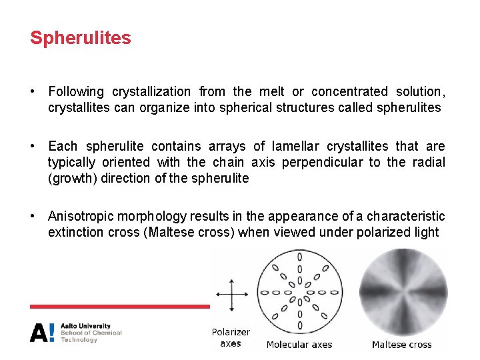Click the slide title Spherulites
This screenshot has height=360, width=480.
[x=81, y=38]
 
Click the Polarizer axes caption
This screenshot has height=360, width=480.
[x=231, y=337]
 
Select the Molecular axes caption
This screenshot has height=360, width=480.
[x=299, y=345]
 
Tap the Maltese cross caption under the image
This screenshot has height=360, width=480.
[x=401, y=345]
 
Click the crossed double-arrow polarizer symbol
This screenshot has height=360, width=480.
[x=231, y=293]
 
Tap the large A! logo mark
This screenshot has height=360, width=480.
[x=42, y=332]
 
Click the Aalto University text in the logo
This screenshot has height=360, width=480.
[x=85, y=326]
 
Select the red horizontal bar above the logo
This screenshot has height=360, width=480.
[x=120, y=307]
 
